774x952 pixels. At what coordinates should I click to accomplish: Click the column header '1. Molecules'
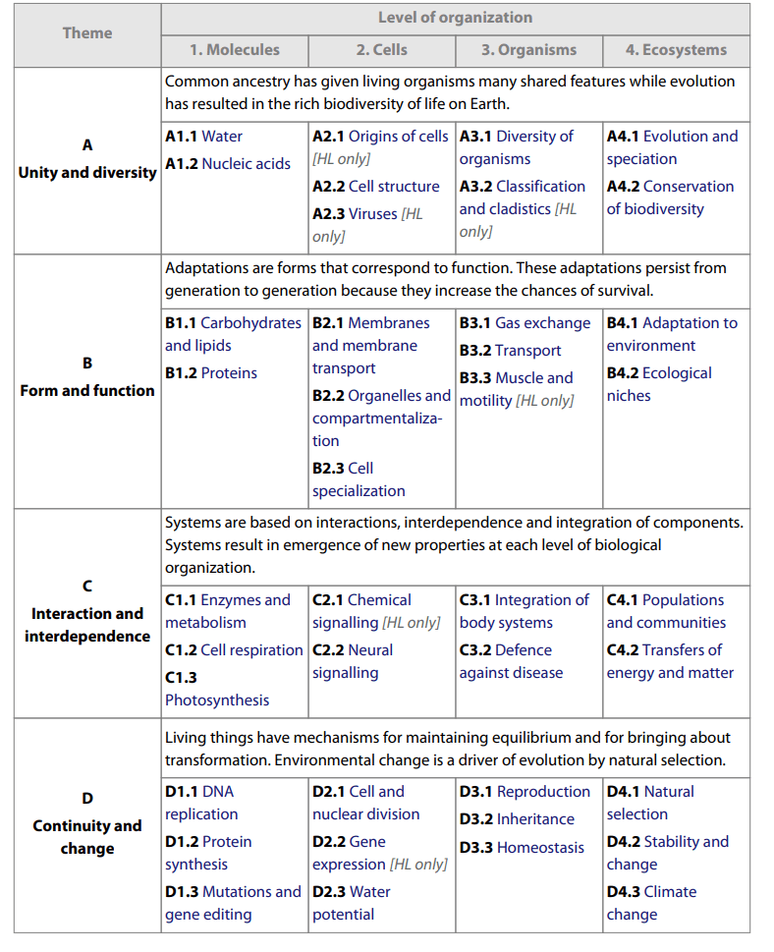[x=235, y=49]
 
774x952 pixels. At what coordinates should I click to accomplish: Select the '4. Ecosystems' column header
[x=676, y=49]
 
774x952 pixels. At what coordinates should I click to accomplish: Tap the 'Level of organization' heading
[x=455, y=17]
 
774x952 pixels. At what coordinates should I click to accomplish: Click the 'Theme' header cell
[x=87, y=32]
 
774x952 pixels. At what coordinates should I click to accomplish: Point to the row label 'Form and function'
[x=87, y=390]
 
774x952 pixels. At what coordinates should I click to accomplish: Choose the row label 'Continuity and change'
[x=87, y=836]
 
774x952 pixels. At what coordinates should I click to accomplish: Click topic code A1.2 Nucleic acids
[x=228, y=163]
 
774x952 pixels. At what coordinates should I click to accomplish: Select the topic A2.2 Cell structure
[x=375, y=186]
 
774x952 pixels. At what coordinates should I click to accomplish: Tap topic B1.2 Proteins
[x=211, y=372]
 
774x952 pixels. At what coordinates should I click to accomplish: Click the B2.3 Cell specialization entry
[x=359, y=479]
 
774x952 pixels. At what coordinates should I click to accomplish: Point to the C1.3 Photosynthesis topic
[x=216, y=689]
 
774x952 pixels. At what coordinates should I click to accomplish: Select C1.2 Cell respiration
[x=234, y=649]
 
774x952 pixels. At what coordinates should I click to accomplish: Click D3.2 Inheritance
[x=517, y=818]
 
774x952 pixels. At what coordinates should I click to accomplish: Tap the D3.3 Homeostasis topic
[x=522, y=847]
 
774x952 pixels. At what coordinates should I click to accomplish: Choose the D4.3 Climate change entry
[x=651, y=903]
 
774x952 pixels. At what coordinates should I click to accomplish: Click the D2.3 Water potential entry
[x=351, y=903]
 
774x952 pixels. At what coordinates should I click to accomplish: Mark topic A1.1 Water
[x=203, y=136]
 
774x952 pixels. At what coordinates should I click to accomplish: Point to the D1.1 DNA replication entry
[x=201, y=803]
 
